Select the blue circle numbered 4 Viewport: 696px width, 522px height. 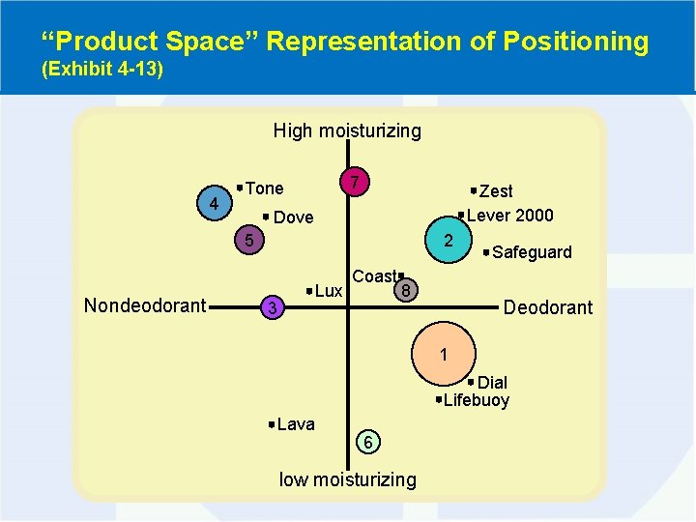(214, 204)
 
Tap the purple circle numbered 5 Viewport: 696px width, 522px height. (248, 241)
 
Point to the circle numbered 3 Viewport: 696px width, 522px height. (274, 308)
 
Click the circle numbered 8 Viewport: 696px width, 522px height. (408, 289)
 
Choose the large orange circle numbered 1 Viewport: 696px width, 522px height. (443, 354)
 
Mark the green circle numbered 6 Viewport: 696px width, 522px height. (368, 442)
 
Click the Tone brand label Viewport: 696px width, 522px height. (264, 188)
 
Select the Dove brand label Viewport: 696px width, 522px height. (293, 217)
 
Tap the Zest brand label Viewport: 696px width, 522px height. (496, 191)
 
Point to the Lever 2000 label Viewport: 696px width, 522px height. (509, 215)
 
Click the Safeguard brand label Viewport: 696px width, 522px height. (532, 252)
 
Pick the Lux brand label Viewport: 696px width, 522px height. (329, 291)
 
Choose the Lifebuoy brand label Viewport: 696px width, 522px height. (476, 400)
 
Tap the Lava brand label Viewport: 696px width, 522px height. (295, 424)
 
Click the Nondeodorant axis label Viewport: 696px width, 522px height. (145, 306)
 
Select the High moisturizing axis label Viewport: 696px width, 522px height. (347, 130)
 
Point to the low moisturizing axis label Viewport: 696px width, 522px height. (347, 479)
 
